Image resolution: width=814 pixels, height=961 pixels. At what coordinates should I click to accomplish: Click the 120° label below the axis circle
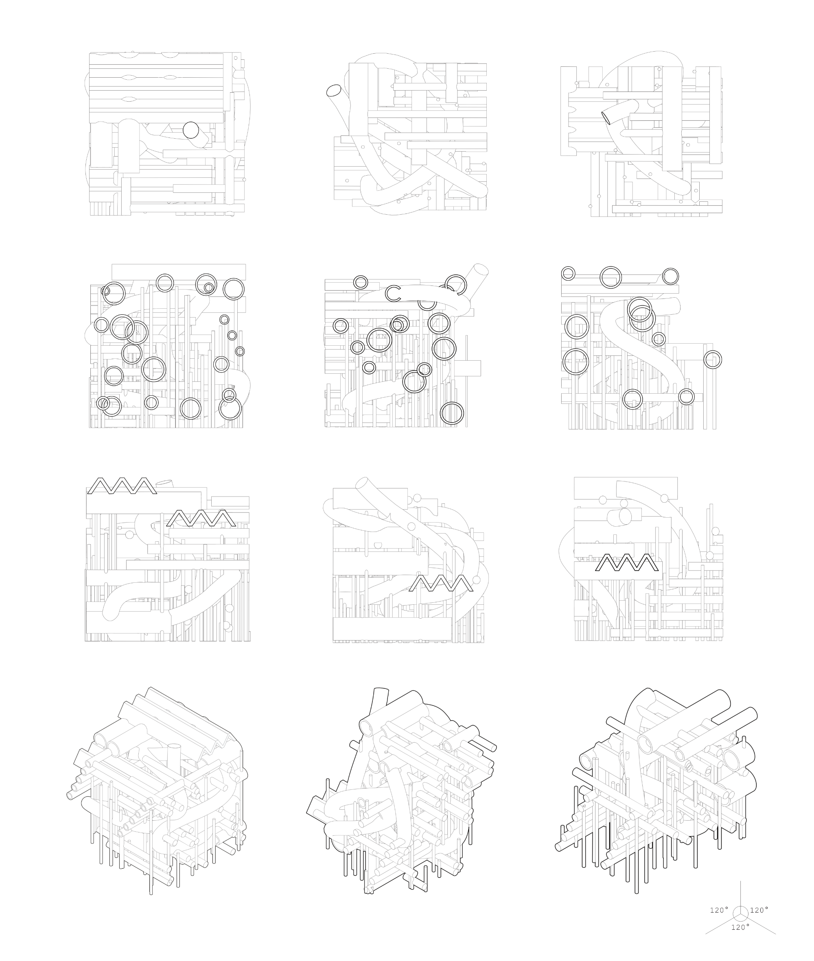[740, 927]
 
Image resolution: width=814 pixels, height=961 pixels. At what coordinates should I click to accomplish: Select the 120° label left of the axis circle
[719, 910]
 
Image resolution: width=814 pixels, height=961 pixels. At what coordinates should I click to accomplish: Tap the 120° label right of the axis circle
[759, 910]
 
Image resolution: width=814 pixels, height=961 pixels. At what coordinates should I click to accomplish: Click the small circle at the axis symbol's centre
[741, 914]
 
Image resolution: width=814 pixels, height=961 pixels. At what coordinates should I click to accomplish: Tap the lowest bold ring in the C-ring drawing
[452, 413]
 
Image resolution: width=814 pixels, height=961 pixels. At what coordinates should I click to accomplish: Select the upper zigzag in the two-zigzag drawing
[122, 486]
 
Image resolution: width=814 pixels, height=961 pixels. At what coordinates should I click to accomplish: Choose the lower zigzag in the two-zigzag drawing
[201, 518]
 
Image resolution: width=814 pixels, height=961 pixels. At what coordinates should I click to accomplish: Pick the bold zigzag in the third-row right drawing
[627, 562]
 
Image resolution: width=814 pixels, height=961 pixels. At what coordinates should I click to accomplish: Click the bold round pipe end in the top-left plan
[190, 130]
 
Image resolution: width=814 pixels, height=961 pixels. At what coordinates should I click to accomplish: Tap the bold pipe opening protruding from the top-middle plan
[333, 90]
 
